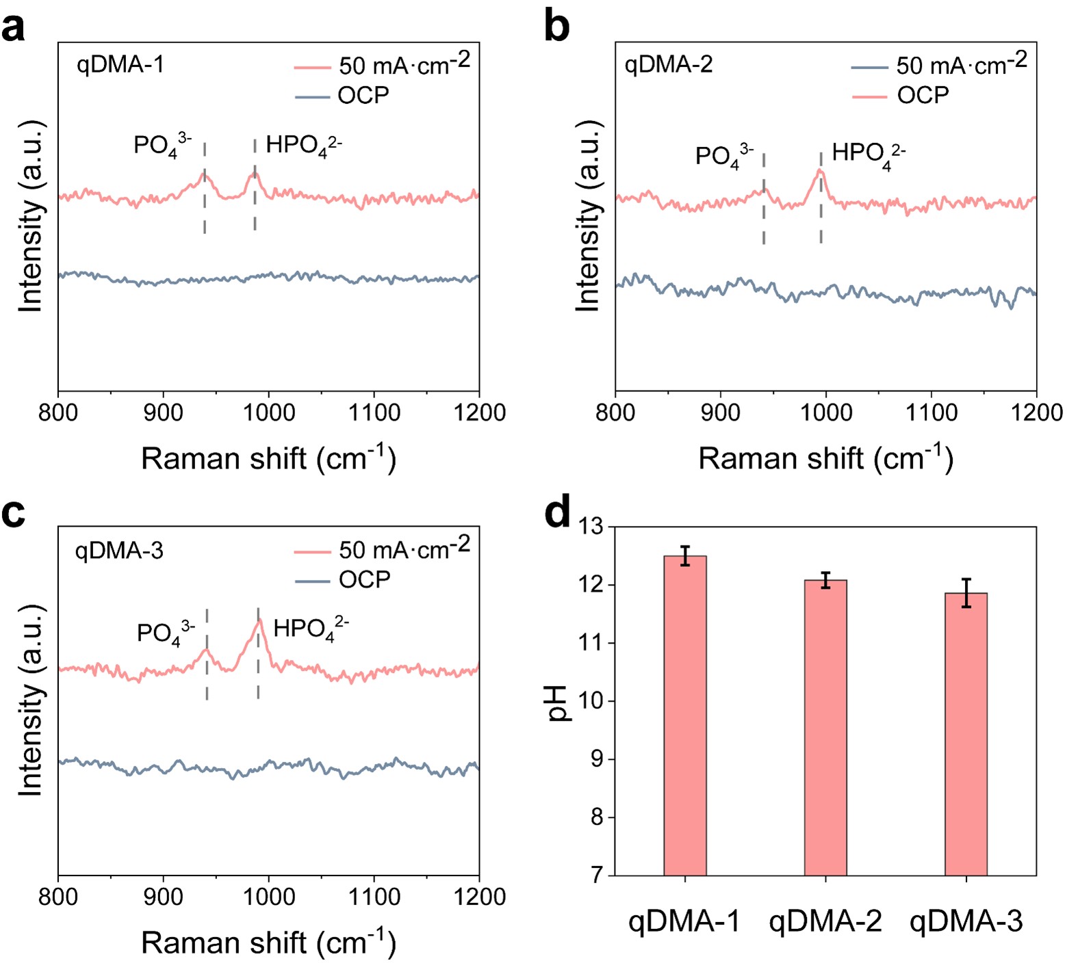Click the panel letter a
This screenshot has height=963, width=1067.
click(x=13, y=28)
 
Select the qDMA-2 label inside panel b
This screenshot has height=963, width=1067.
click(x=669, y=64)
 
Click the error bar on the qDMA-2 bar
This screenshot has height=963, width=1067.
click(x=825, y=580)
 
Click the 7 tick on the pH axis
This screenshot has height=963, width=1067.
click(x=597, y=875)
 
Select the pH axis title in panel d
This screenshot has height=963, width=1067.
click(x=558, y=702)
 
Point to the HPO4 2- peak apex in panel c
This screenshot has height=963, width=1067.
click(x=259, y=620)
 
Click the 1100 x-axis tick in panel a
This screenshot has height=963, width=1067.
click(x=374, y=412)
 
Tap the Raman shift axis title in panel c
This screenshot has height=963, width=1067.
click(x=268, y=942)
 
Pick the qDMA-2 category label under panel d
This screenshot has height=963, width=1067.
click(x=825, y=921)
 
